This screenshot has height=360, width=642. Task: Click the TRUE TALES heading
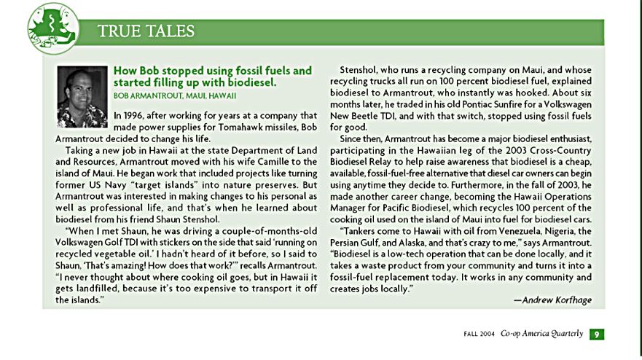point(146,31)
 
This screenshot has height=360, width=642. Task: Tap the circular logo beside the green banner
point(52,28)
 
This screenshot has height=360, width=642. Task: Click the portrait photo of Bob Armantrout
point(82,97)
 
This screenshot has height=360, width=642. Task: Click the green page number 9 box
point(596,334)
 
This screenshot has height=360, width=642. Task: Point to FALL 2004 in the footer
point(478,334)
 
